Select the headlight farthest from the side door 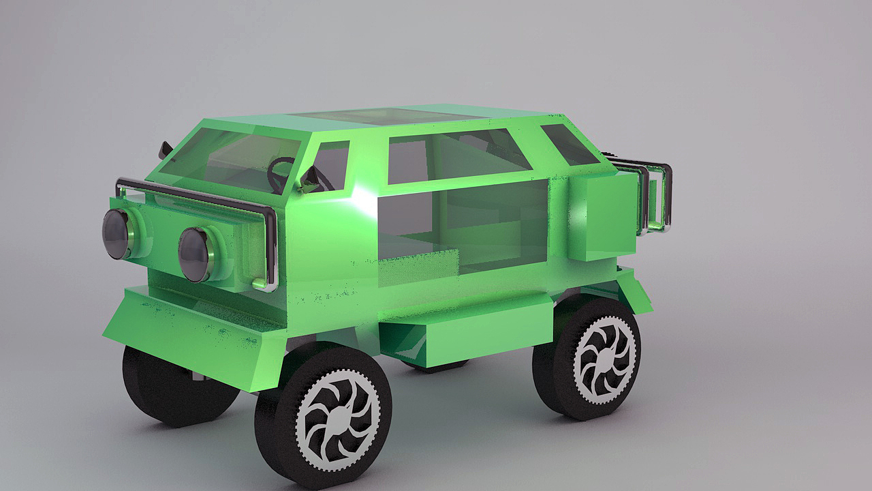tap(117, 233)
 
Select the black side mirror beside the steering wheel tap(311, 179)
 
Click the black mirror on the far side tap(165, 148)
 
